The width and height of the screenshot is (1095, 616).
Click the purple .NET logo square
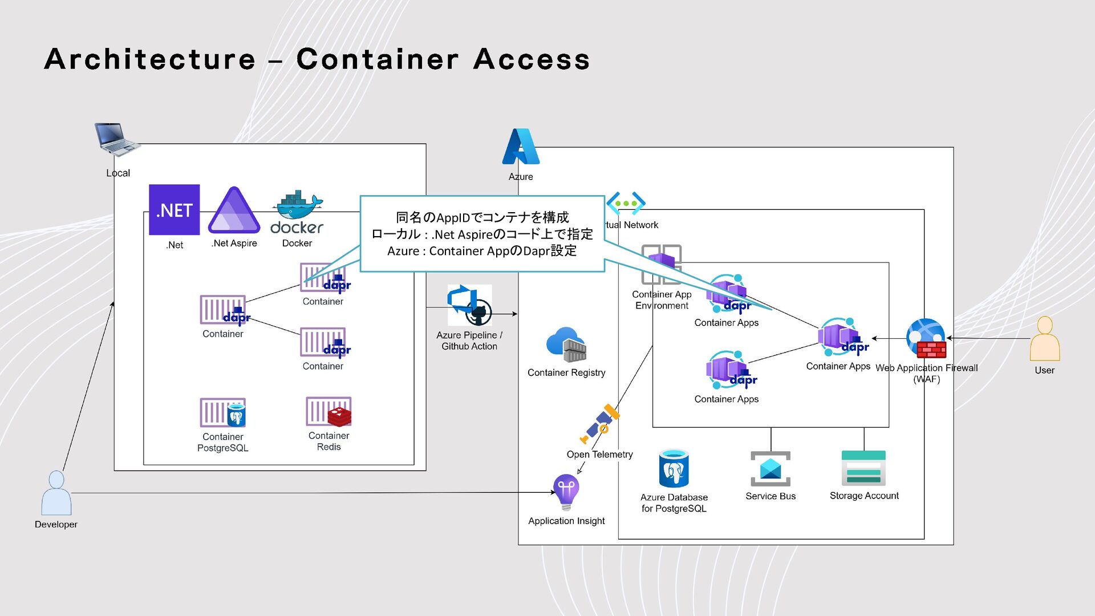click(x=174, y=209)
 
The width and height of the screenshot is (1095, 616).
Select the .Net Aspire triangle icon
click(x=234, y=211)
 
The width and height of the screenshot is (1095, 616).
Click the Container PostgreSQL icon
click(x=223, y=413)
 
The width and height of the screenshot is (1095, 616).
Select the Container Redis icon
click(x=328, y=412)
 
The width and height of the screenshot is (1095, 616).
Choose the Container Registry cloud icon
click(x=566, y=345)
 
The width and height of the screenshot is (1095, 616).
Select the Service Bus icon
click(x=770, y=468)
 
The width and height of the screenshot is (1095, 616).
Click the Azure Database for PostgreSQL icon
click(x=674, y=468)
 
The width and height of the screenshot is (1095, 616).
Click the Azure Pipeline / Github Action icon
click(x=469, y=305)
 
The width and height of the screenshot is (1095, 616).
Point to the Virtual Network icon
click(x=626, y=203)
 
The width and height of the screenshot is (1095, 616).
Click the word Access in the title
click(x=531, y=59)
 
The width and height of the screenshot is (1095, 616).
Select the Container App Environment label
click(x=662, y=300)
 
